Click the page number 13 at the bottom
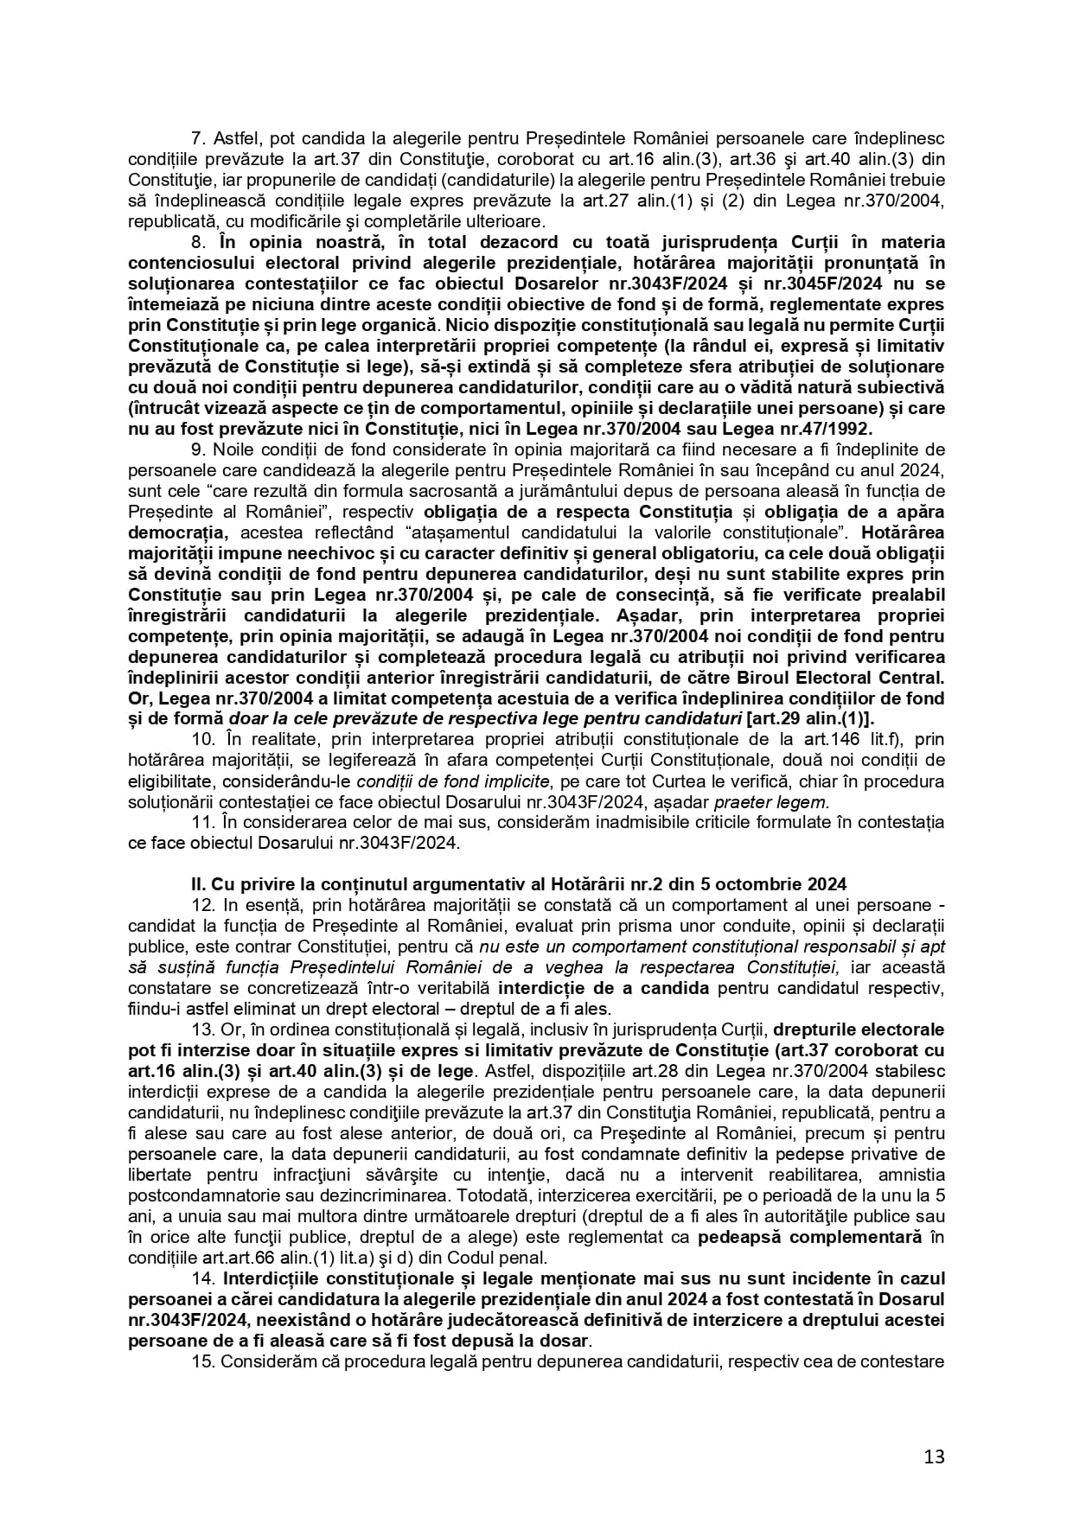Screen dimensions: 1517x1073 934,1456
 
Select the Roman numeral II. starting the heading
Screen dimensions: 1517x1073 198,883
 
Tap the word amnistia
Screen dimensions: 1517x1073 911,1174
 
